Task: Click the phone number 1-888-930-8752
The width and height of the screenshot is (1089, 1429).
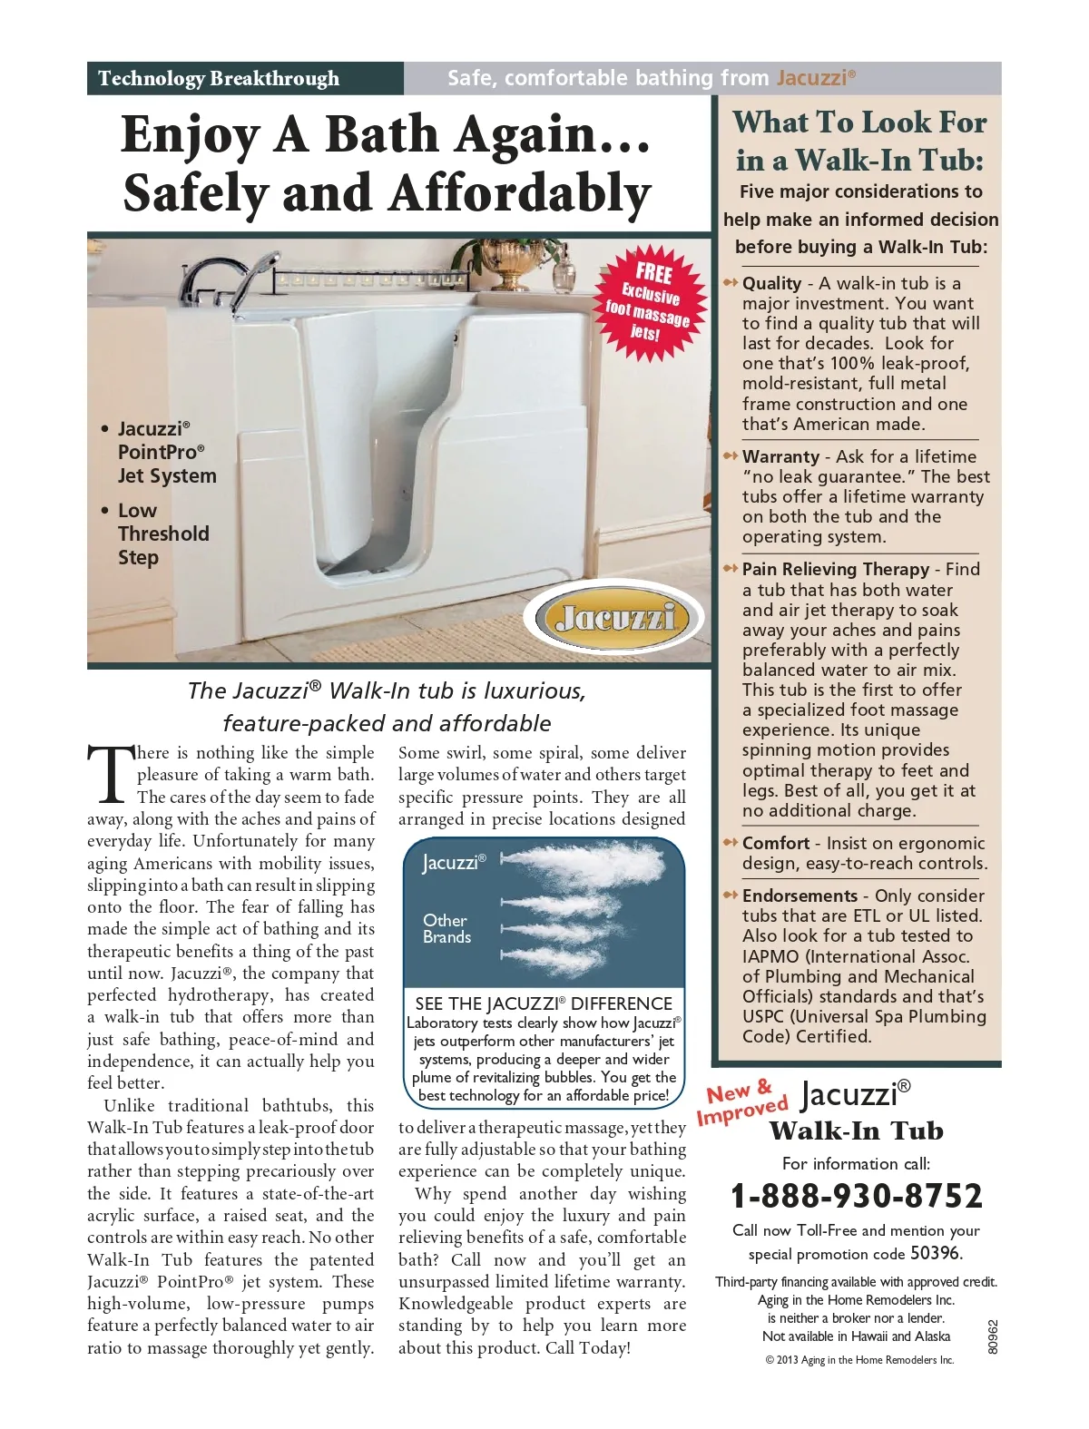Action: point(856,1196)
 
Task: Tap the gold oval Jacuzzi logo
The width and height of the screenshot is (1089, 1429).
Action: point(619,619)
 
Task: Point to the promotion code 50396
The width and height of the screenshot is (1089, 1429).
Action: point(935,1254)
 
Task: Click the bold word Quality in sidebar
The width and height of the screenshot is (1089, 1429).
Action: point(771,283)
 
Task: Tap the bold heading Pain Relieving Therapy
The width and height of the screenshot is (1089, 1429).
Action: point(835,569)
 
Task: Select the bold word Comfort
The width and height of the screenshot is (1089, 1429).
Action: point(776,843)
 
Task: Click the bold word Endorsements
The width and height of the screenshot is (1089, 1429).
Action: point(800,896)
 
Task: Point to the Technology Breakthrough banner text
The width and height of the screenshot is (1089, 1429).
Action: point(219,79)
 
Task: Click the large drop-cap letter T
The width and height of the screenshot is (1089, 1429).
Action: point(108,773)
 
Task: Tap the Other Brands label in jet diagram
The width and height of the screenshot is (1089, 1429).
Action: point(446,928)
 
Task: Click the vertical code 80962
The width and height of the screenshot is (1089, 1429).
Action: point(993,1336)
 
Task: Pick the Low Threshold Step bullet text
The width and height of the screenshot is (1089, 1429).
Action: point(163,533)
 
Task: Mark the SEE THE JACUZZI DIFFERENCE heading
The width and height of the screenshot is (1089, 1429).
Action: point(543,1003)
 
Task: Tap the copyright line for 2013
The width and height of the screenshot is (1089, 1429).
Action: point(859,1360)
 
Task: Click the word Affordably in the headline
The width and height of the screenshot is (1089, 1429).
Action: point(520,194)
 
